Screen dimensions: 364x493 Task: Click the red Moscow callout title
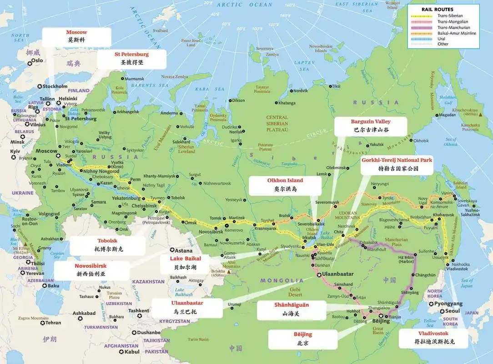(76, 32)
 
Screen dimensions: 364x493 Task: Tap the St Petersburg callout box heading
(131, 54)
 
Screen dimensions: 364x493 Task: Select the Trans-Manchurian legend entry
(452, 27)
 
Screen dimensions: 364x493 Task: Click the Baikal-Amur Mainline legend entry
(457, 33)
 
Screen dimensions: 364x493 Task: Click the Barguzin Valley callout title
(370, 121)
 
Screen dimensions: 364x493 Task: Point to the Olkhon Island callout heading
(285, 180)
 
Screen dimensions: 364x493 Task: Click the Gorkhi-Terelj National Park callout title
(397, 160)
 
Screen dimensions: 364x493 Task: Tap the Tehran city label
(53, 323)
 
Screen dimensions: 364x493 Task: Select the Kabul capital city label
(132, 351)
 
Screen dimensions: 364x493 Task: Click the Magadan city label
(447, 115)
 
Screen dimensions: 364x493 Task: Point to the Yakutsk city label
(377, 145)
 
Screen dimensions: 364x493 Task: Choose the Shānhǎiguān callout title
(291, 305)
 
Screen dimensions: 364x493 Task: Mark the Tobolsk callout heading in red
(107, 241)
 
